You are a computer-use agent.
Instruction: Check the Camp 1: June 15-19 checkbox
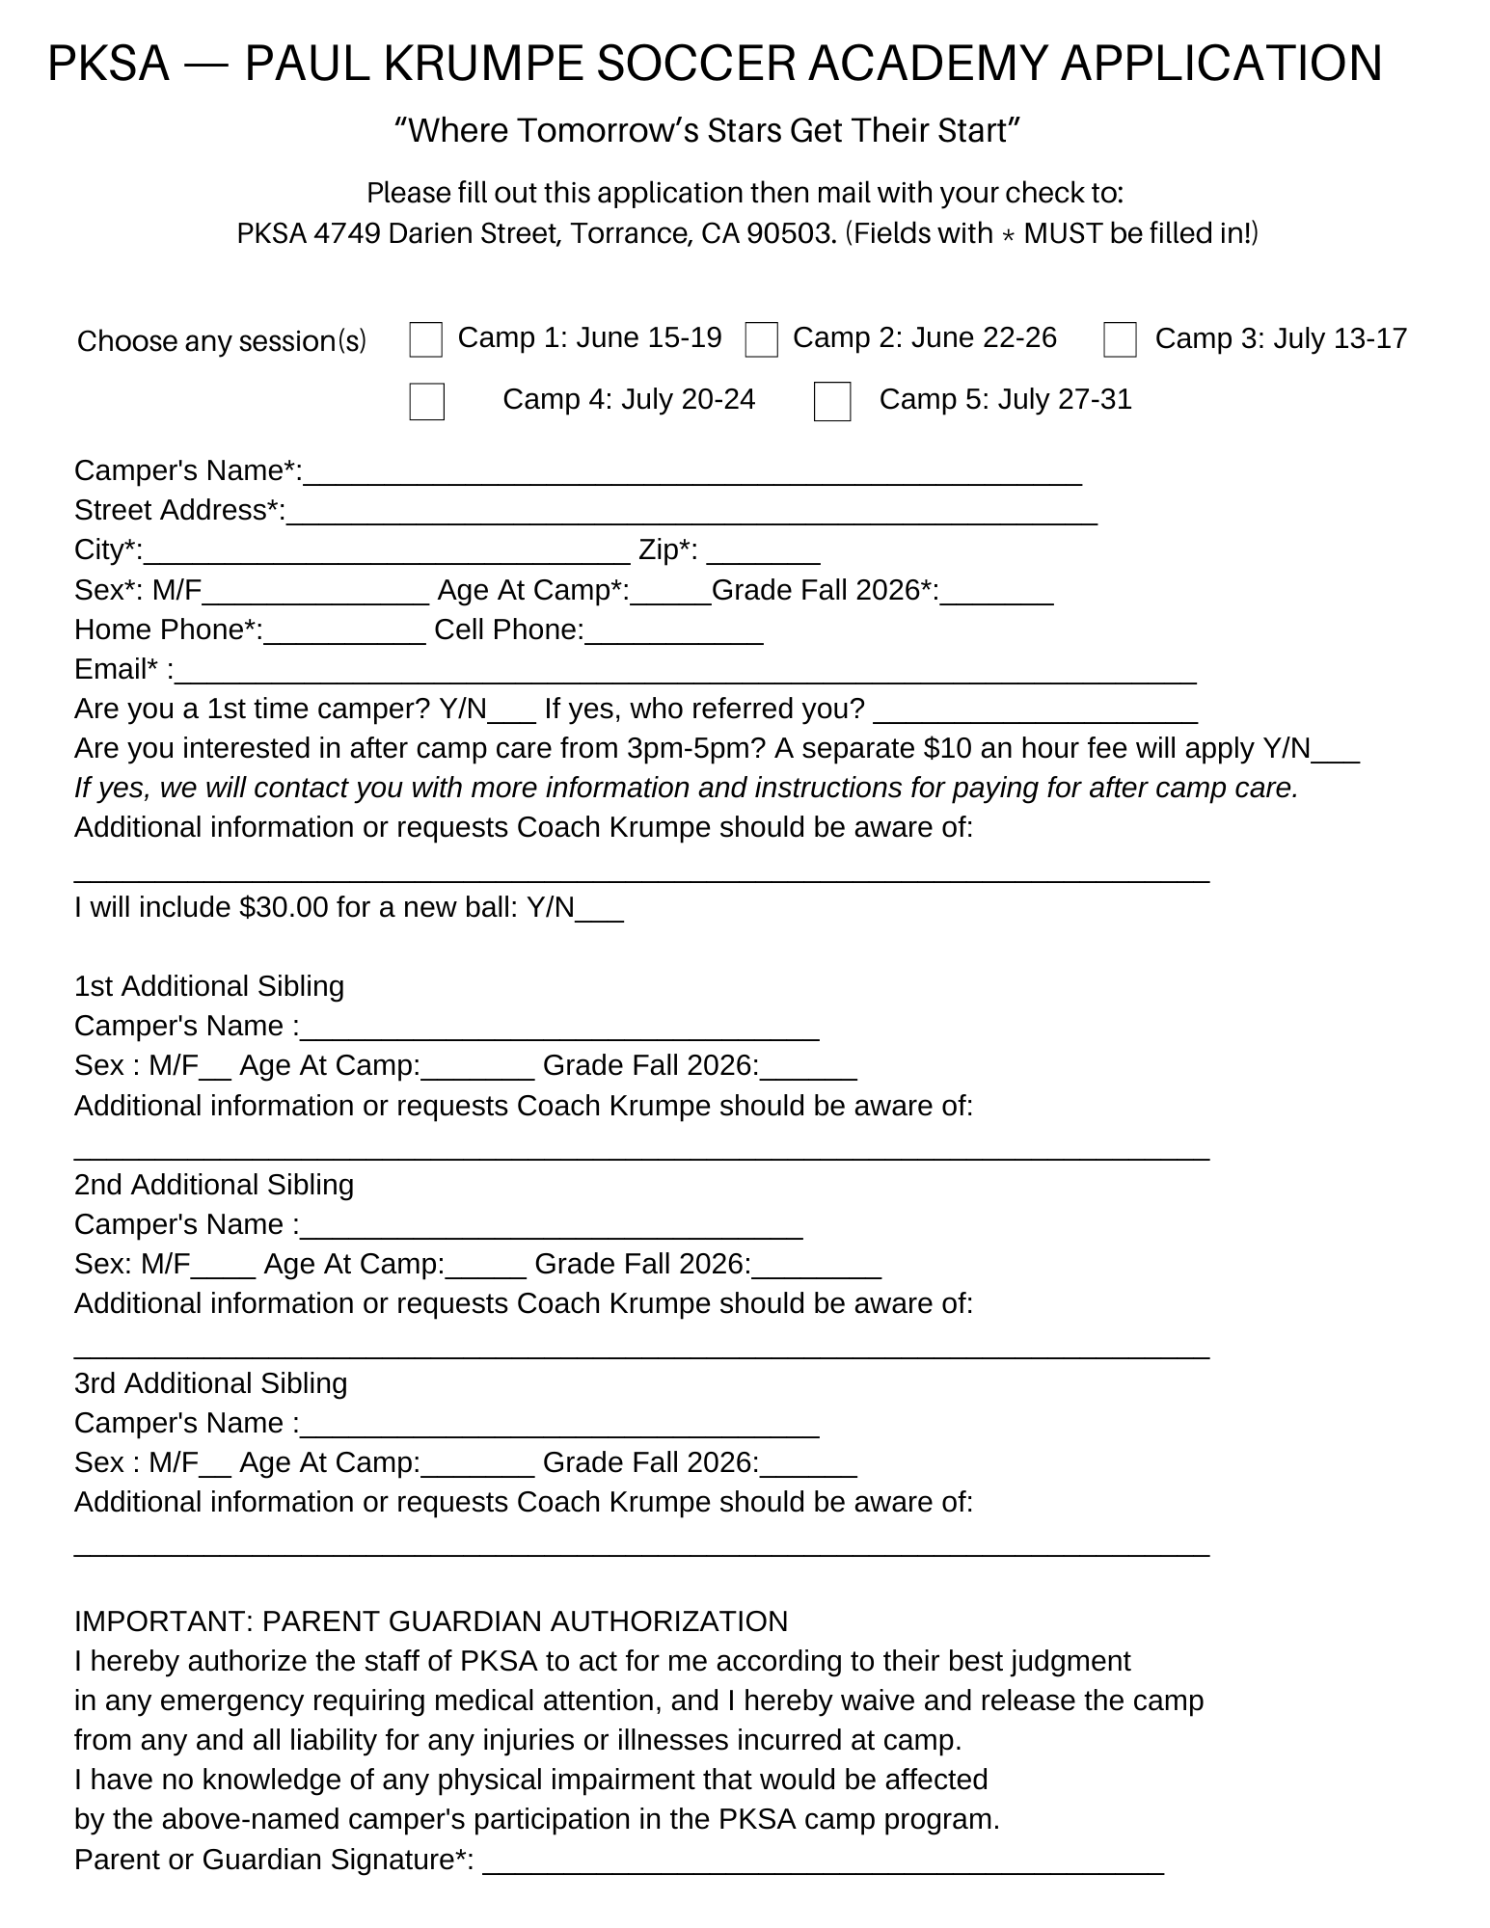tap(425, 339)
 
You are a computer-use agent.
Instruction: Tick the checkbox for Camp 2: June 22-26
tap(762, 339)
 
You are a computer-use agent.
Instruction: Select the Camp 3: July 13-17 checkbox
tap(1120, 339)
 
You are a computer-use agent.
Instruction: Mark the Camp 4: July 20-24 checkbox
tap(426, 401)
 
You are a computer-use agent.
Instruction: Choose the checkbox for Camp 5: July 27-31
tap(832, 401)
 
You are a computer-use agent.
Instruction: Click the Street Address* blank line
tap(691, 512)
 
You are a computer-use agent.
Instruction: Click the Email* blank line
tap(685, 671)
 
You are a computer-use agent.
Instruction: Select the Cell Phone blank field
tap(674, 631)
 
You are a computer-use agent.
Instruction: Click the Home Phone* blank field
tap(344, 631)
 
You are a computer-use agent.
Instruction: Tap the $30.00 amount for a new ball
tap(284, 907)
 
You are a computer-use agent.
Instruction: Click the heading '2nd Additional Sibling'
tap(214, 1185)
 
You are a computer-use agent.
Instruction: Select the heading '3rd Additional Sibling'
tap(210, 1383)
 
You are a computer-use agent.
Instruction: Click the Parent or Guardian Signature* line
tap(823, 1861)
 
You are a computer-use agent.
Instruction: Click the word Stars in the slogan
tap(744, 130)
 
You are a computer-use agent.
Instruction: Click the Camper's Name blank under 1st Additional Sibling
tap(559, 1028)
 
